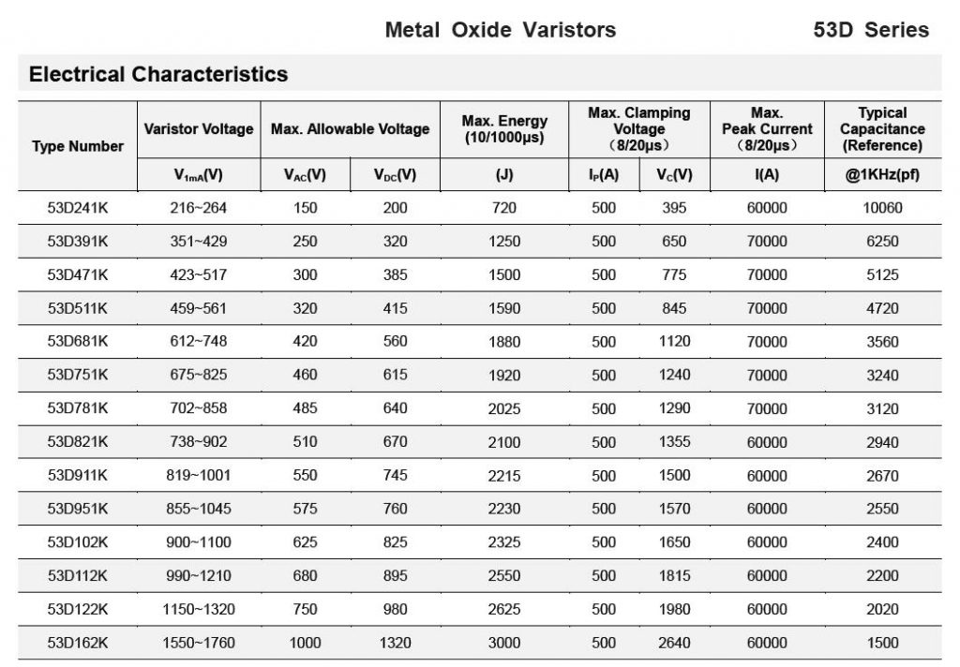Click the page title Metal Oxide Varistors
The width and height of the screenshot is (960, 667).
(500, 30)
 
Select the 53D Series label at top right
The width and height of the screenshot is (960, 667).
(871, 30)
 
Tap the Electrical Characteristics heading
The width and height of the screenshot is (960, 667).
(158, 74)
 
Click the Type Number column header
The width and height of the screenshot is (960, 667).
(78, 146)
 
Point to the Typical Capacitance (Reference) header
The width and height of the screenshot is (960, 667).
(882, 129)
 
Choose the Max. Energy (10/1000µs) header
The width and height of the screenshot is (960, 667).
(504, 129)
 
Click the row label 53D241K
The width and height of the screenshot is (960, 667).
(78, 208)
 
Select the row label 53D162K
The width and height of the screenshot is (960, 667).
(78, 643)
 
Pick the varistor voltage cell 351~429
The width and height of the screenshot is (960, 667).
(199, 242)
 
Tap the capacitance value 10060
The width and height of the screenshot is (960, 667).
(882, 208)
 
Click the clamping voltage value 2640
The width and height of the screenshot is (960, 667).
(674, 643)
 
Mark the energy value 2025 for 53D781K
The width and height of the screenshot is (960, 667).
(504, 408)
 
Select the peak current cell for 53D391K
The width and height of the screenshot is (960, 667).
(767, 242)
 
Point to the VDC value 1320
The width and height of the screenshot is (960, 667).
(395, 643)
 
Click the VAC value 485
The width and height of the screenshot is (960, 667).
(305, 408)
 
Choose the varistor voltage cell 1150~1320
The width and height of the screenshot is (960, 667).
(199, 609)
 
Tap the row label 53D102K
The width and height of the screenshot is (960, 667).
(78, 542)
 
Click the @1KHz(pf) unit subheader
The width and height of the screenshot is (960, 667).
(882, 175)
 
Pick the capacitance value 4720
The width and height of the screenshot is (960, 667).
(882, 308)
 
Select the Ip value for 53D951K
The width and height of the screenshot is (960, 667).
(604, 509)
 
